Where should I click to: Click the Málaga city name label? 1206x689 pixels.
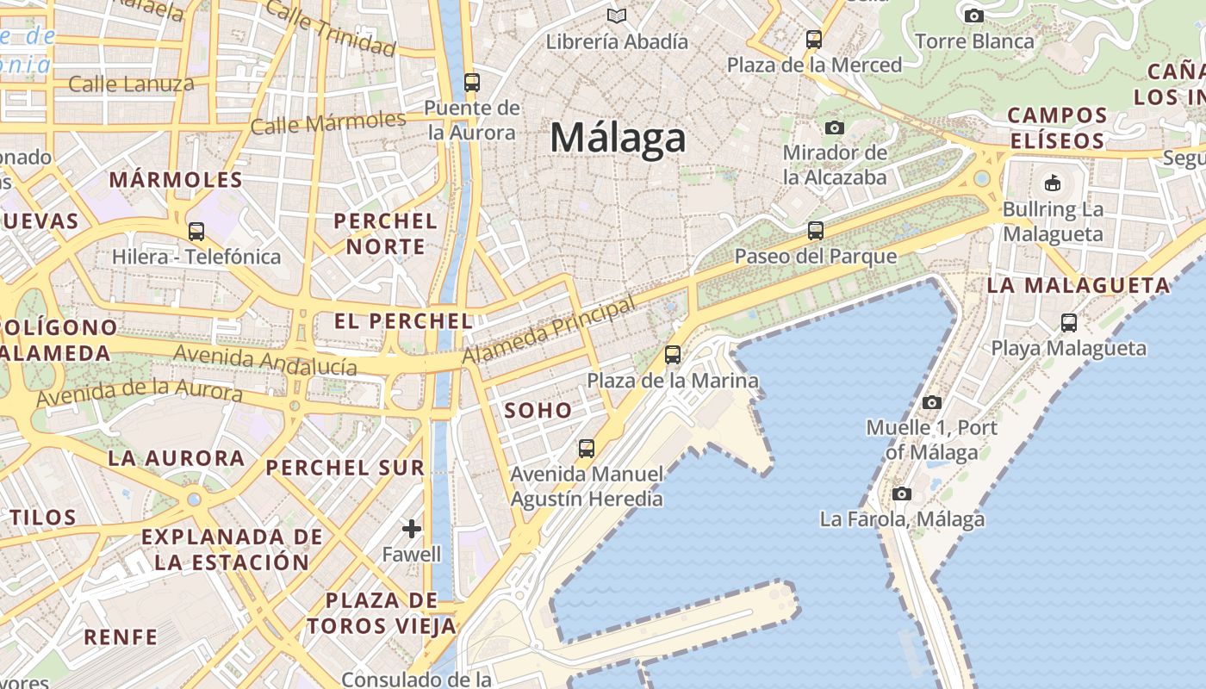pos(618,138)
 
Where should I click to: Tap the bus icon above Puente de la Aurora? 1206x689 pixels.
pos(471,83)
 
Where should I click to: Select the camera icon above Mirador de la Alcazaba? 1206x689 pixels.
pos(834,128)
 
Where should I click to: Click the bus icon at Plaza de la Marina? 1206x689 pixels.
pos(673,354)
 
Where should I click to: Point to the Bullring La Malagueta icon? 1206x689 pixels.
pos(1052,183)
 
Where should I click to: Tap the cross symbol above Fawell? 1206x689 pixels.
pos(412,528)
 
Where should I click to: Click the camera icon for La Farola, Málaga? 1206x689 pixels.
pos(902,494)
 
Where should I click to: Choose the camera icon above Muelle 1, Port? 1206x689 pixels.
pos(931,402)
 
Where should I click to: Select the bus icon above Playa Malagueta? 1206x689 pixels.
pos(1069,323)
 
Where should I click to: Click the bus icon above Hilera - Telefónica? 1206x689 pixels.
pos(196,231)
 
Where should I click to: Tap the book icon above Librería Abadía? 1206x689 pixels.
pos(617,16)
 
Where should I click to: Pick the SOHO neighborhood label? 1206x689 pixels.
pos(538,410)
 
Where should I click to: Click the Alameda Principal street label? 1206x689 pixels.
pos(549,330)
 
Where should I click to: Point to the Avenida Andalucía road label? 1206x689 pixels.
pos(265,359)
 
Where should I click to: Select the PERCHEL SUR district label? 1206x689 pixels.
pos(345,468)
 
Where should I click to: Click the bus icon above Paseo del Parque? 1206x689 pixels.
pos(815,231)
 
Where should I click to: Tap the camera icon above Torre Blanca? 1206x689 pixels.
pos(974,16)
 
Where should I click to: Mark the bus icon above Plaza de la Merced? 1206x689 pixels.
pos(814,39)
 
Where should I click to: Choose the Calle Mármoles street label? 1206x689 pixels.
pos(327,122)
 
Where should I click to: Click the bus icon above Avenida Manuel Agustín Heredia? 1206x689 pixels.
pos(587,448)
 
